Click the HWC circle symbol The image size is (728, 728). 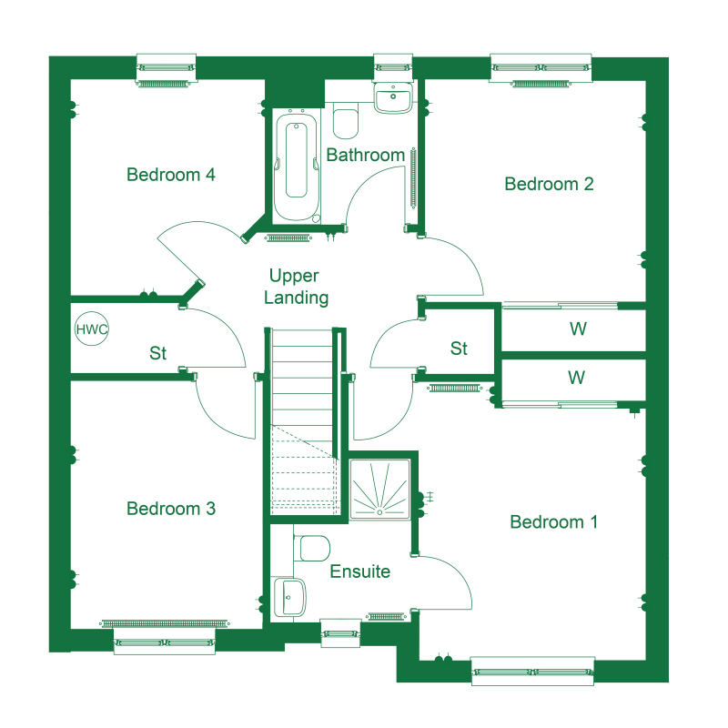click(92, 329)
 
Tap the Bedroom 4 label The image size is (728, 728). click(171, 175)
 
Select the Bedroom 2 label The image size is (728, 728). click(549, 184)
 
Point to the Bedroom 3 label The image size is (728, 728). click(171, 509)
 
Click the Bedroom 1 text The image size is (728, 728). click(553, 521)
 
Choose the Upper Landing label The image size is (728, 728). click(296, 287)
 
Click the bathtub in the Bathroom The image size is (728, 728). click(297, 167)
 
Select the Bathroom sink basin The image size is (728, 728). click(393, 97)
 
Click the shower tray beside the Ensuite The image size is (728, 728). click(379, 489)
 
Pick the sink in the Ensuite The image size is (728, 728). click(289, 596)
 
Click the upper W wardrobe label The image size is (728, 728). click(578, 329)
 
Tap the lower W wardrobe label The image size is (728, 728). click(576, 378)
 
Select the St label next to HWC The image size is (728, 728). click(157, 353)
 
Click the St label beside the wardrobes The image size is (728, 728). click(459, 349)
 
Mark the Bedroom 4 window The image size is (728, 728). click(167, 67)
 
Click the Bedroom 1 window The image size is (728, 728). click(532, 672)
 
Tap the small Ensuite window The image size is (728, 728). click(340, 633)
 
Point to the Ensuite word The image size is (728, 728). click(359, 571)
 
